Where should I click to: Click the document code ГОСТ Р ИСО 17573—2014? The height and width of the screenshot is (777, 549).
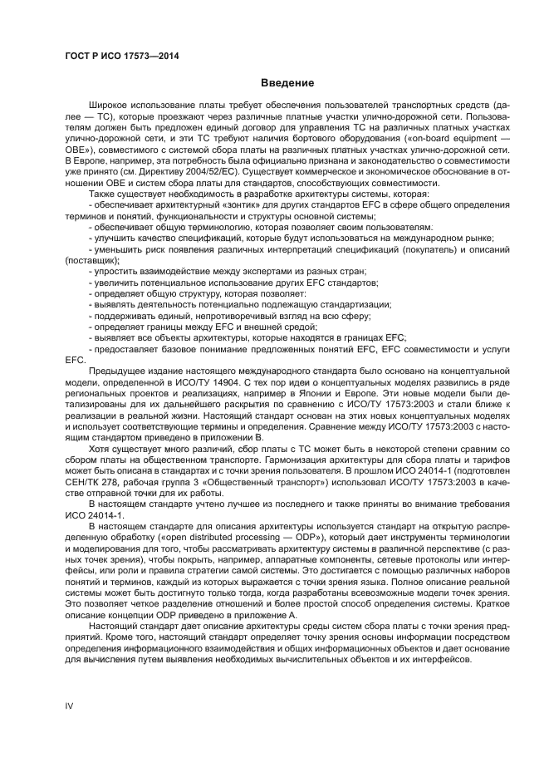121,57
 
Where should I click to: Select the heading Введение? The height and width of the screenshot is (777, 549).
287,84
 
